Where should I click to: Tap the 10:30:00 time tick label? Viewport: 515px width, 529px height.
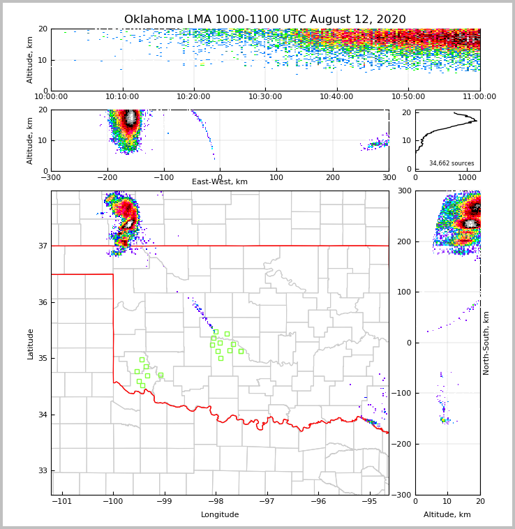(x=265, y=97)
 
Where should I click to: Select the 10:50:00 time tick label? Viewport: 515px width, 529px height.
(x=408, y=97)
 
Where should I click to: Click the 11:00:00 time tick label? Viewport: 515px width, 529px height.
(x=479, y=97)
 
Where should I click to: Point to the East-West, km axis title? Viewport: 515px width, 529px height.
(x=220, y=182)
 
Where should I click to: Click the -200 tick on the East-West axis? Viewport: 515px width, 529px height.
(x=107, y=177)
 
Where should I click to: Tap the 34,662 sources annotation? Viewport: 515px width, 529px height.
(x=451, y=163)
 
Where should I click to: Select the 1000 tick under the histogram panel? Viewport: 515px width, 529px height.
(x=468, y=177)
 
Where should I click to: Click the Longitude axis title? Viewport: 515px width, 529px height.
(x=220, y=515)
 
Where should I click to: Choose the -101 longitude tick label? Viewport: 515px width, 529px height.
(x=61, y=502)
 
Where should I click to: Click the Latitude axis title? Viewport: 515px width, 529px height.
(x=30, y=343)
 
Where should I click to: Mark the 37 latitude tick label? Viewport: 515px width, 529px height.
(x=42, y=246)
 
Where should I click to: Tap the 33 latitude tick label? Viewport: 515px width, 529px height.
(x=42, y=471)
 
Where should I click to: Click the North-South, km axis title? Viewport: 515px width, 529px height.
(x=486, y=343)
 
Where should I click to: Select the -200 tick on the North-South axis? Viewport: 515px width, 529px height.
(x=402, y=444)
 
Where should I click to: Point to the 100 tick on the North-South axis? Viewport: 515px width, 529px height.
(x=403, y=292)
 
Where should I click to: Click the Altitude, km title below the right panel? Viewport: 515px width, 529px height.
(x=447, y=515)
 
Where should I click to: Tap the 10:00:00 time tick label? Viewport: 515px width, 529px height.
(x=51, y=97)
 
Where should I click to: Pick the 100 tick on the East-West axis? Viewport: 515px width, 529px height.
(x=276, y=177)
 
